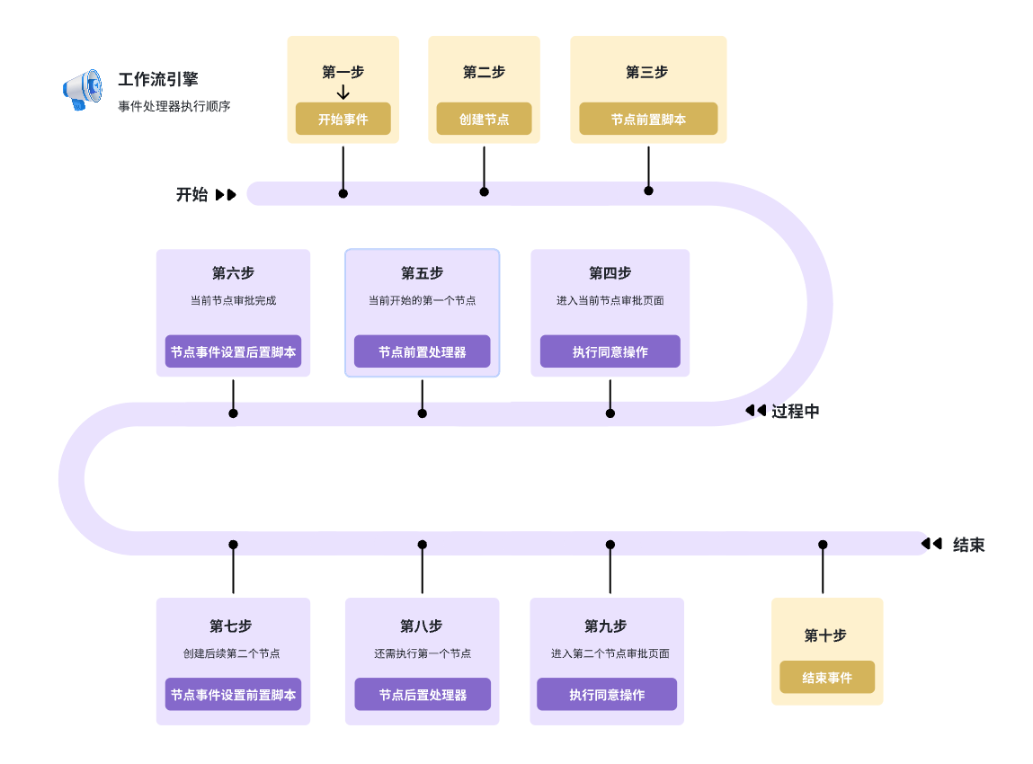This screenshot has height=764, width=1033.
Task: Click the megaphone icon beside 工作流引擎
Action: [83, 90]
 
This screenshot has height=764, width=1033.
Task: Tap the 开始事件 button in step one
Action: [343, 119]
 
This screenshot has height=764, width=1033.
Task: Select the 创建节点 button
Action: [484, 119]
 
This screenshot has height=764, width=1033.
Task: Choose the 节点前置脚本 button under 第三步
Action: [648, 119]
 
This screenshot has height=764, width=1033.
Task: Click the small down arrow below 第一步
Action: [343, 93]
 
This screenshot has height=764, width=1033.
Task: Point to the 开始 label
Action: [191, 194]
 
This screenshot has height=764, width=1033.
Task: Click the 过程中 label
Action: [795, 411]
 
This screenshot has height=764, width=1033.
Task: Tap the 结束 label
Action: [968, 545]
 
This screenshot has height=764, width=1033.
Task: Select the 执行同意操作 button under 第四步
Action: [610, 351]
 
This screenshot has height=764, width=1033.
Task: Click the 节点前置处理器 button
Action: [422, 351]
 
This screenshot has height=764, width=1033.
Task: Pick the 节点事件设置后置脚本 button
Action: [233, 351]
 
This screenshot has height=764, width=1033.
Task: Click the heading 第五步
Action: [422, 272]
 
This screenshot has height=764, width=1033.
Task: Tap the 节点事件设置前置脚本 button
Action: [233, 694]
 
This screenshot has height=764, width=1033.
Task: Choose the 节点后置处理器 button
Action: [422, 694]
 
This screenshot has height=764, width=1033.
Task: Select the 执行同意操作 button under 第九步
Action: [607, 694]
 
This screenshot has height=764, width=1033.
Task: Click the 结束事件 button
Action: [826, 677]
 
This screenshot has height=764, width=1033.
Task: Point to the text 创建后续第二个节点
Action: [232, 653]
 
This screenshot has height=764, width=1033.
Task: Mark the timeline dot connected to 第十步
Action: [823, 545]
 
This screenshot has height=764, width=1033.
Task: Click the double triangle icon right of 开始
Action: [226, 194]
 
